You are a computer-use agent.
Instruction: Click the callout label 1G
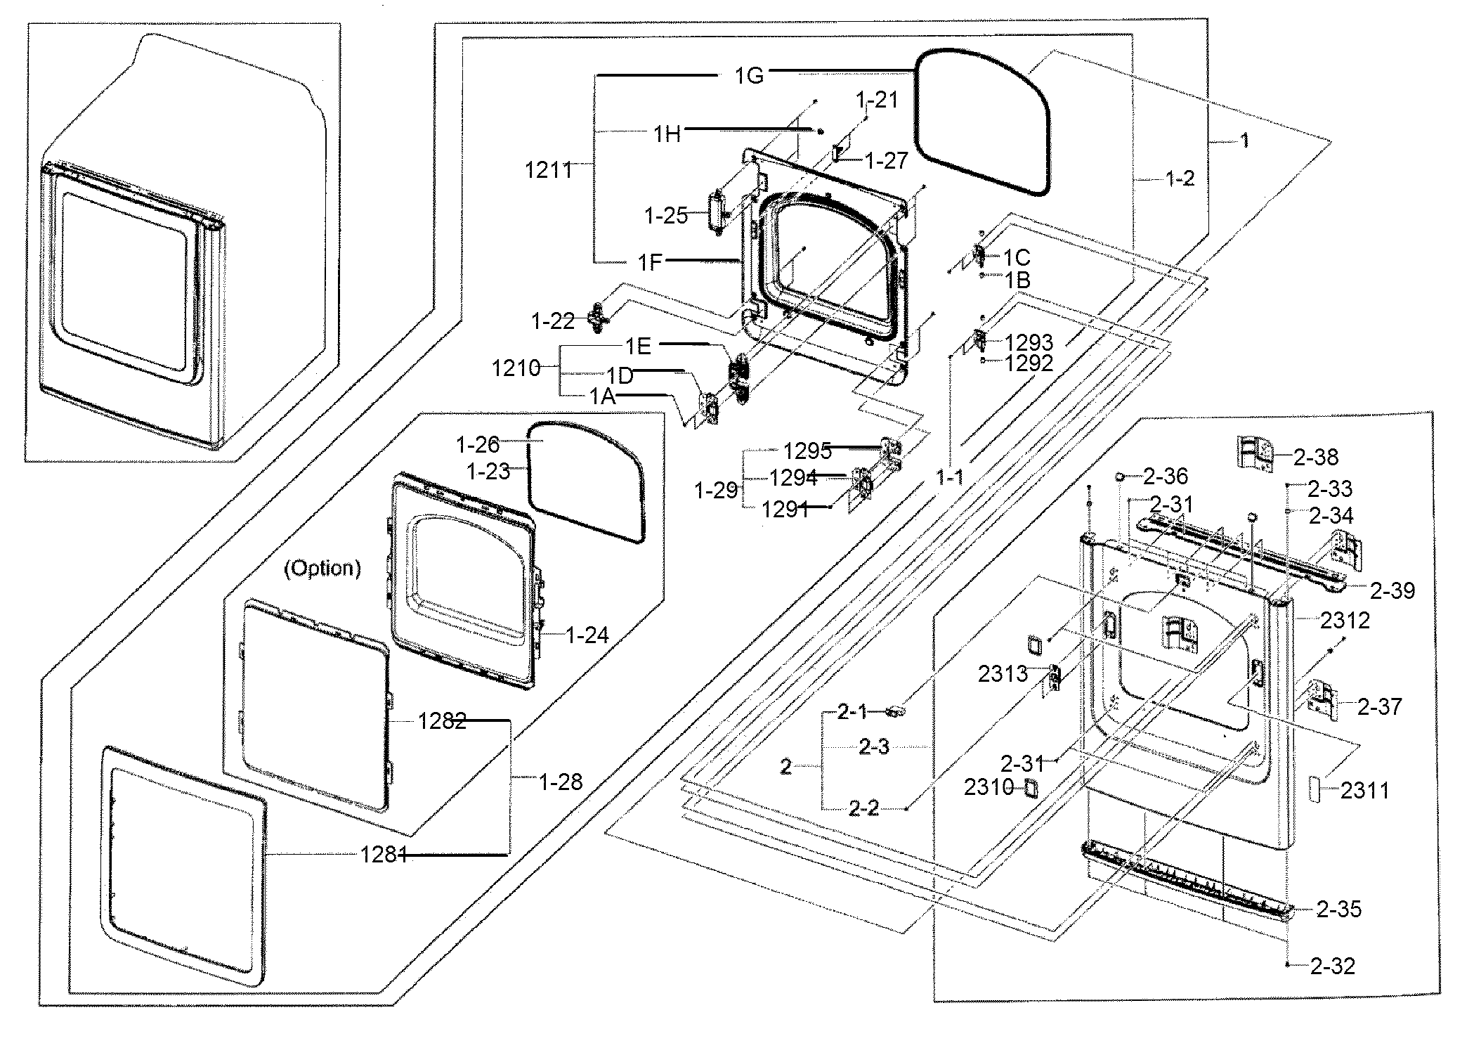tap(749, 75)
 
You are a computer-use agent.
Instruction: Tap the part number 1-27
tap(887, 161)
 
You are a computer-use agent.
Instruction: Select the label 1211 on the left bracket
tap(549, 169)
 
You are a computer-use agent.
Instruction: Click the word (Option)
tap(322, 568)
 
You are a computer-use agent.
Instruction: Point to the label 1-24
tap(587, 635)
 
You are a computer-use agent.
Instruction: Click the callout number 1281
tap(384, 855)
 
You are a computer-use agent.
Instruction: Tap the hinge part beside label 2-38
tap(1255, 453)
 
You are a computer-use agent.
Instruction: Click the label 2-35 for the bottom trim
tap(1339, 910)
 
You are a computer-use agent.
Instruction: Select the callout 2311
tap(1365, 791)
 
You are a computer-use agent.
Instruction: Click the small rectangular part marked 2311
tap(1314, 789)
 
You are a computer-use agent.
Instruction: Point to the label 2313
tap(1003, 675)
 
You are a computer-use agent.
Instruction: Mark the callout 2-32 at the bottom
tap(1332, 966)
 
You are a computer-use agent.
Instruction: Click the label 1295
tap(807, 451)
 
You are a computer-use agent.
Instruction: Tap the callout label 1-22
tap(554, 322)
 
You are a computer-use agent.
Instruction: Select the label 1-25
tap(666, 216)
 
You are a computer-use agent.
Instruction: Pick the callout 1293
tap(1029, 343)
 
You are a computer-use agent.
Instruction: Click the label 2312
tap(1345, 620)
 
